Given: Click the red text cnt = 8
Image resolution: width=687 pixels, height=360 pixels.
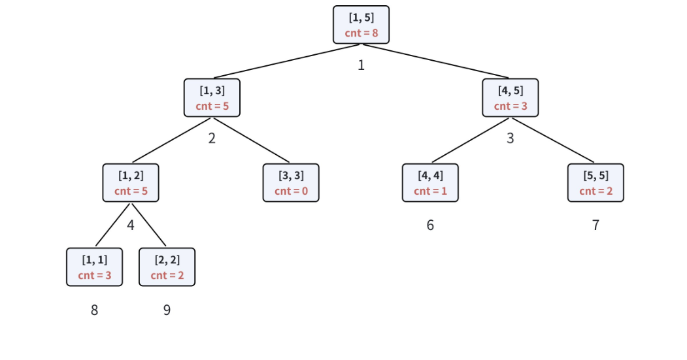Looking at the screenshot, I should pyautogui.click(x=361, y=33).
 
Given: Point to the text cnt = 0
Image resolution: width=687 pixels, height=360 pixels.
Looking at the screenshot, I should pyautogui.click(x=291, y=191).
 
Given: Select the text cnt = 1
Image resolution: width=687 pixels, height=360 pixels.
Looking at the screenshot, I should pyautogui.click(x=430, y=191).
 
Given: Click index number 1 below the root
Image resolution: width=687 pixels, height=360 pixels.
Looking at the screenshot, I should pyautogui.click(x=361, y=65).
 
